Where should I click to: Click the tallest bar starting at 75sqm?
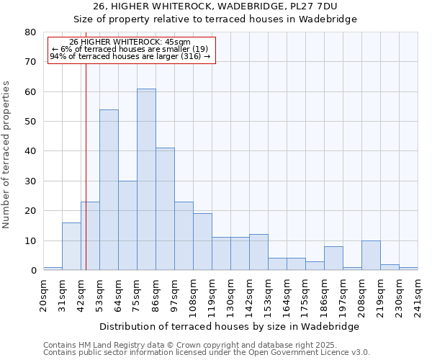[146, 179]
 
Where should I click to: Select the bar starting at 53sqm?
[109, 190]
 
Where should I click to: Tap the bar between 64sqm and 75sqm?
[127, 225]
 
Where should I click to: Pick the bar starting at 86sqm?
[165, 209]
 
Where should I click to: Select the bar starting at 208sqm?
[371, 256]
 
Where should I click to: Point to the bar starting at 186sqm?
[333, 258]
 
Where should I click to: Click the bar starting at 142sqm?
[258, 252]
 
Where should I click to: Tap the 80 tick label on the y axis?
[30, 32]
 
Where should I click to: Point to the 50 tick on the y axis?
[30, 122]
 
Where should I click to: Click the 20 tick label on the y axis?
[30, 211]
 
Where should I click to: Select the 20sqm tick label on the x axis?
[43, 293]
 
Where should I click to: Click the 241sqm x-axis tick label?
[418, 293]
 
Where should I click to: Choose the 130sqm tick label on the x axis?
[230, 293]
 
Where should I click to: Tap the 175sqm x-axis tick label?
[305, 293]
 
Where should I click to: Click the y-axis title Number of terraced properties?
[6, 154]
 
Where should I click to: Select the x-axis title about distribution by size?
[229, 326]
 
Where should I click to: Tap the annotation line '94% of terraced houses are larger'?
[130, 56]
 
